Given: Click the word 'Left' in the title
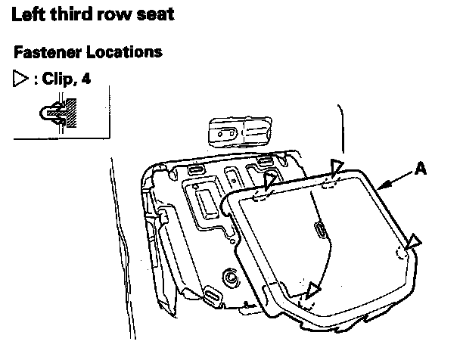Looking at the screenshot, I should (31, 14).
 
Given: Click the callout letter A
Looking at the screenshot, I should (421, 170).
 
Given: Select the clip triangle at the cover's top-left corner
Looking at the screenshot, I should (270, 180).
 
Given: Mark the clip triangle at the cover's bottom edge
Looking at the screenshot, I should (312, 290).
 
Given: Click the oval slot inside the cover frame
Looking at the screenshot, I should (319, 230).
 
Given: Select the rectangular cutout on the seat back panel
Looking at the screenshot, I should (205, 203).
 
